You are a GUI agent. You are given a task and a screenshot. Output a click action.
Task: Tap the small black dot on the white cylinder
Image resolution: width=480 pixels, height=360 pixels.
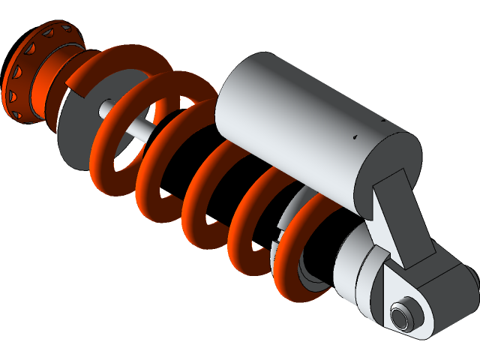click(x=355, y=137)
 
